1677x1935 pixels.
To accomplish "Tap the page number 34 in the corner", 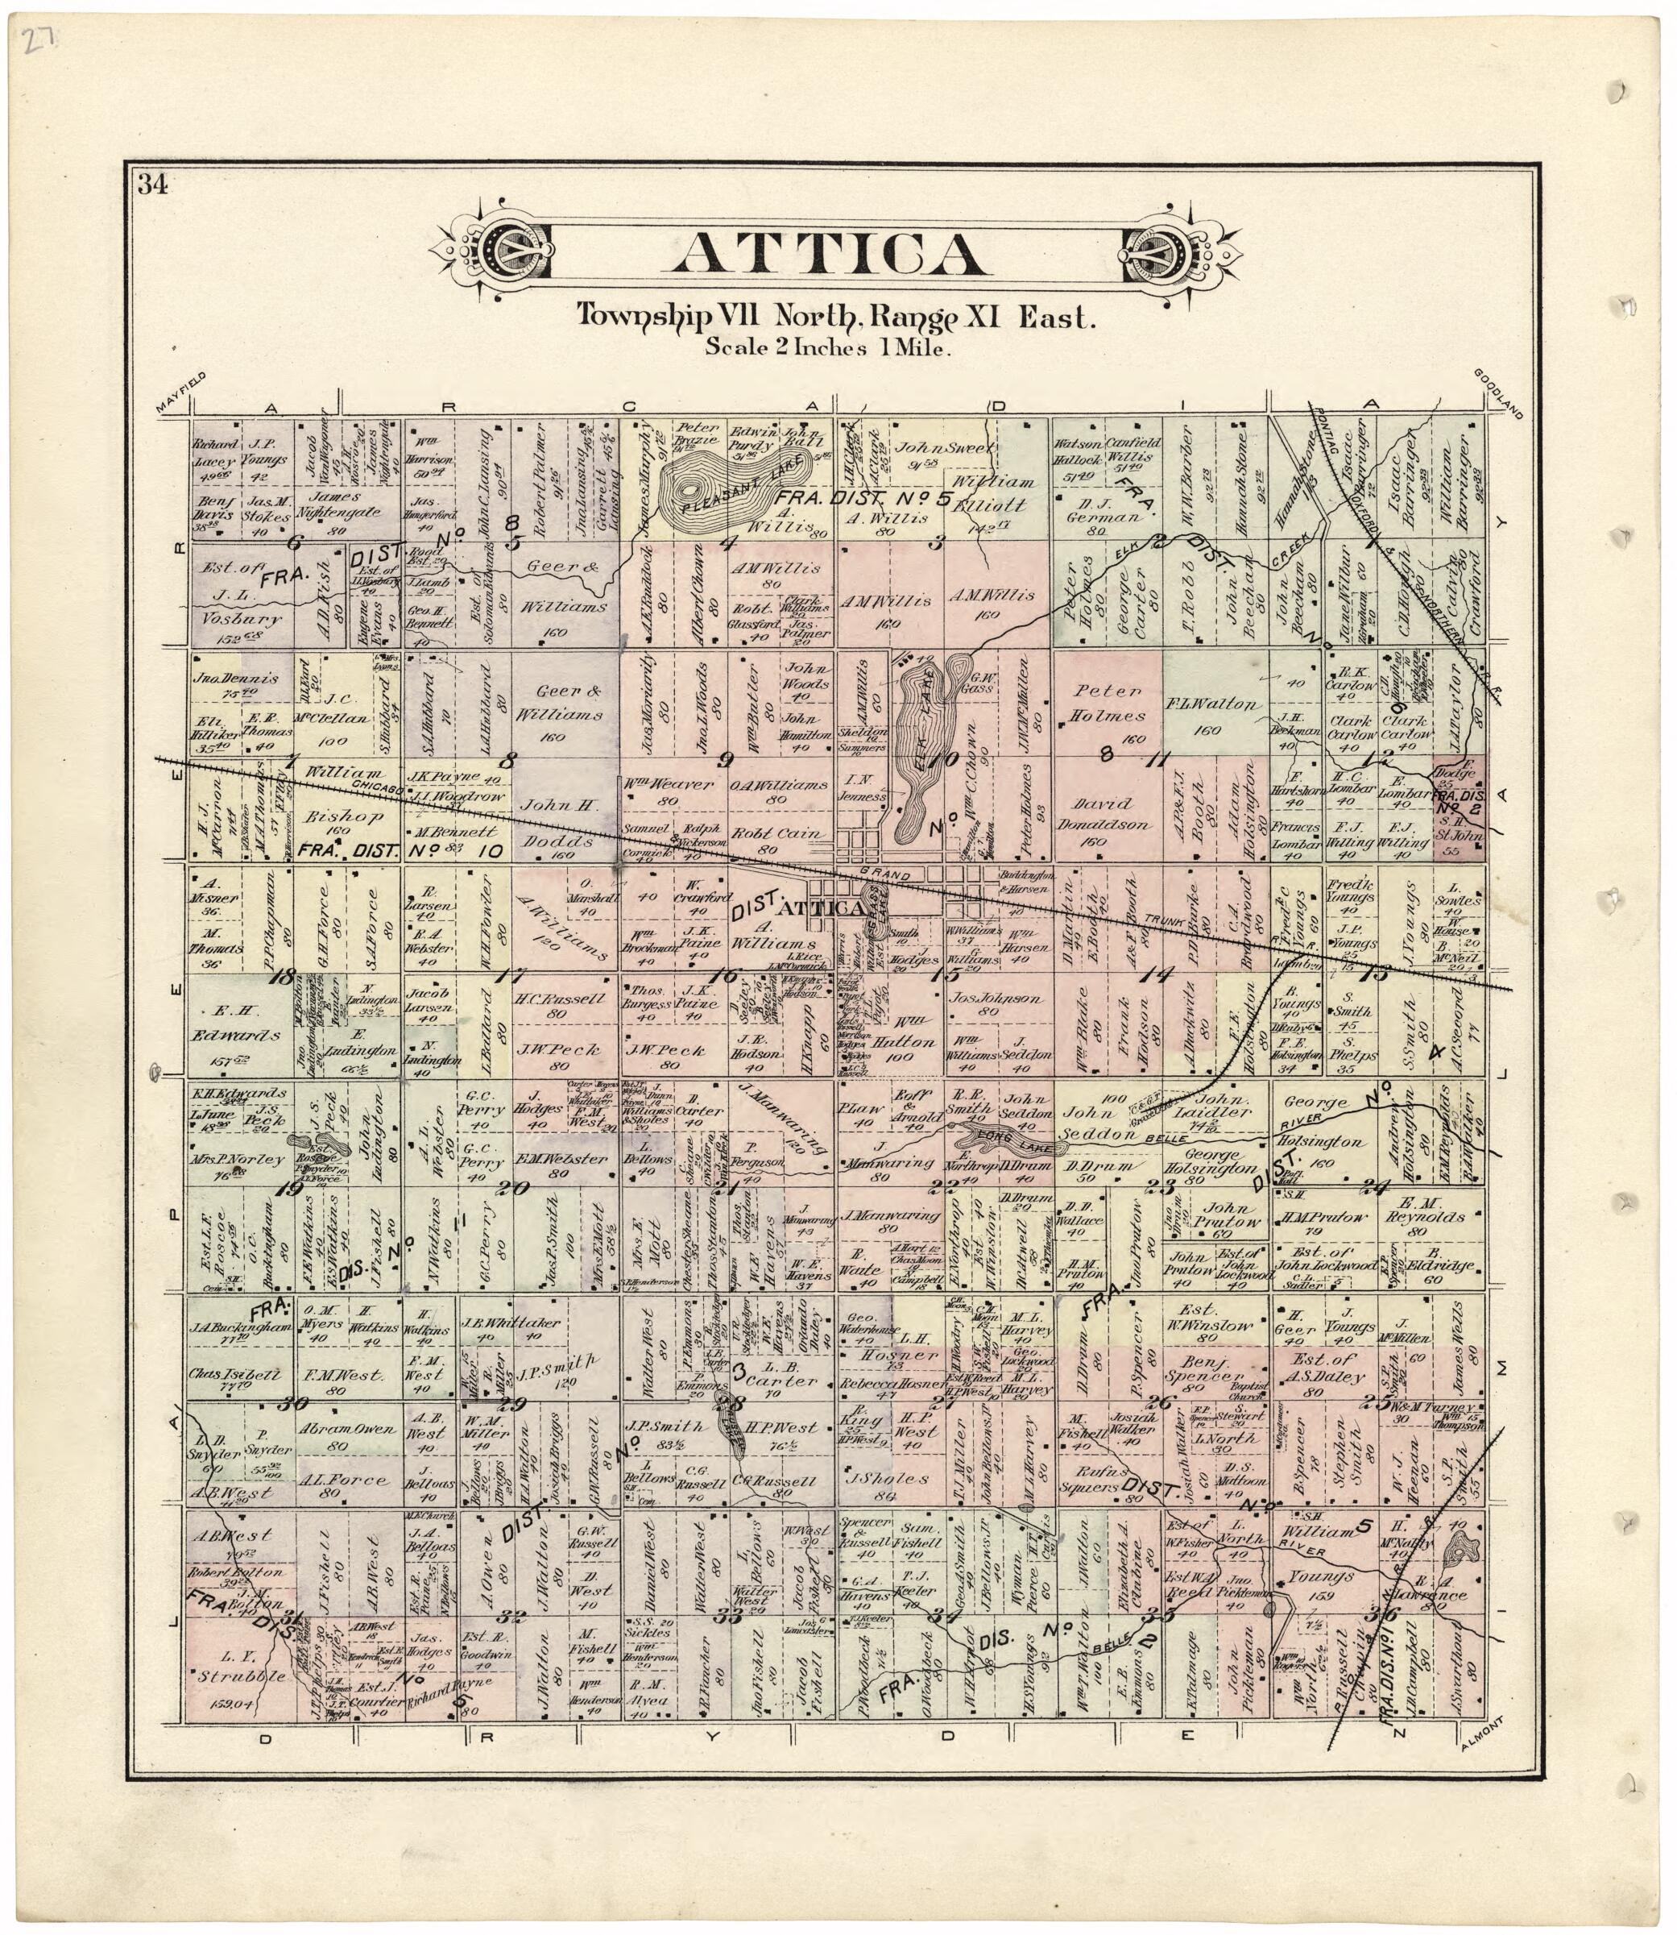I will [152, 185].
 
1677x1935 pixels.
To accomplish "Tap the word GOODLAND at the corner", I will [1498, 392].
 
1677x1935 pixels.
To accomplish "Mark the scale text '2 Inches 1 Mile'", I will [828, 348].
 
